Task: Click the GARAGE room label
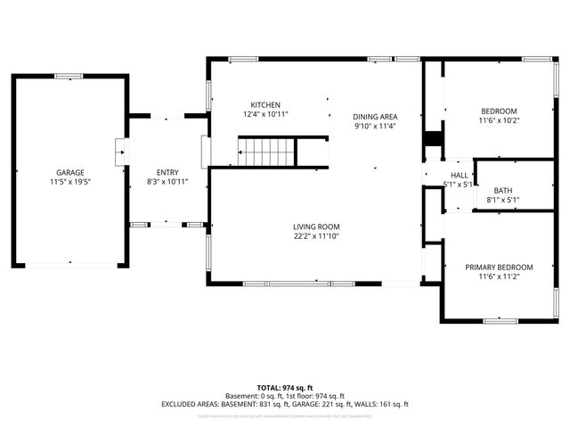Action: pyautogui.click(x=69, y=172)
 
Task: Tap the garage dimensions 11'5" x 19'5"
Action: pyautogui.click(x=69, y=181)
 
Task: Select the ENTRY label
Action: pyautogui.click(x=167, y=172)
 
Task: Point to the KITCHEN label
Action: pyautogui.click(x=265, y=104)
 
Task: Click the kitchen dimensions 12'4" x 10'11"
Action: pyautogui.click(x=265, y=114)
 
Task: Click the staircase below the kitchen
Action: pyautogui.click(x=266, y=152)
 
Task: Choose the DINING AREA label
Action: pyautogui.click(x=375, y=117)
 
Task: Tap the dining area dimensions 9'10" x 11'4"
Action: pyautogui.click(x=375, y=127)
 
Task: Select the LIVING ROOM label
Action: pyautogui.click(x=316, y=226)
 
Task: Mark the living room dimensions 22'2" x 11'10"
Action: pyautogui.click(x=316, y=236)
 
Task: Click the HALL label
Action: pyautogui.click(x=459, y=176)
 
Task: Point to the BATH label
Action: pyautogui.click(x=503, y=190)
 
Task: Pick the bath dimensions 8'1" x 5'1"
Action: pyautogui.click(x=503, y=200)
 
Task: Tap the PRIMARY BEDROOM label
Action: pyautogui.click(x=499, y=267)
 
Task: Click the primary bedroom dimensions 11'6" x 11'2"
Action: pyautogui.click(x=499, y=277)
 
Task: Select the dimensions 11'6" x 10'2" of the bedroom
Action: pyautogui.click(x=499, y=120)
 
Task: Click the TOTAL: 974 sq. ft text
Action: pyautogui.click(x=284, y=387)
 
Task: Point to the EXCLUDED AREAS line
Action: pyautogui.click(x=284, y=404)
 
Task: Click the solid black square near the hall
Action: pyautogui.click(x=433, y=140)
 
